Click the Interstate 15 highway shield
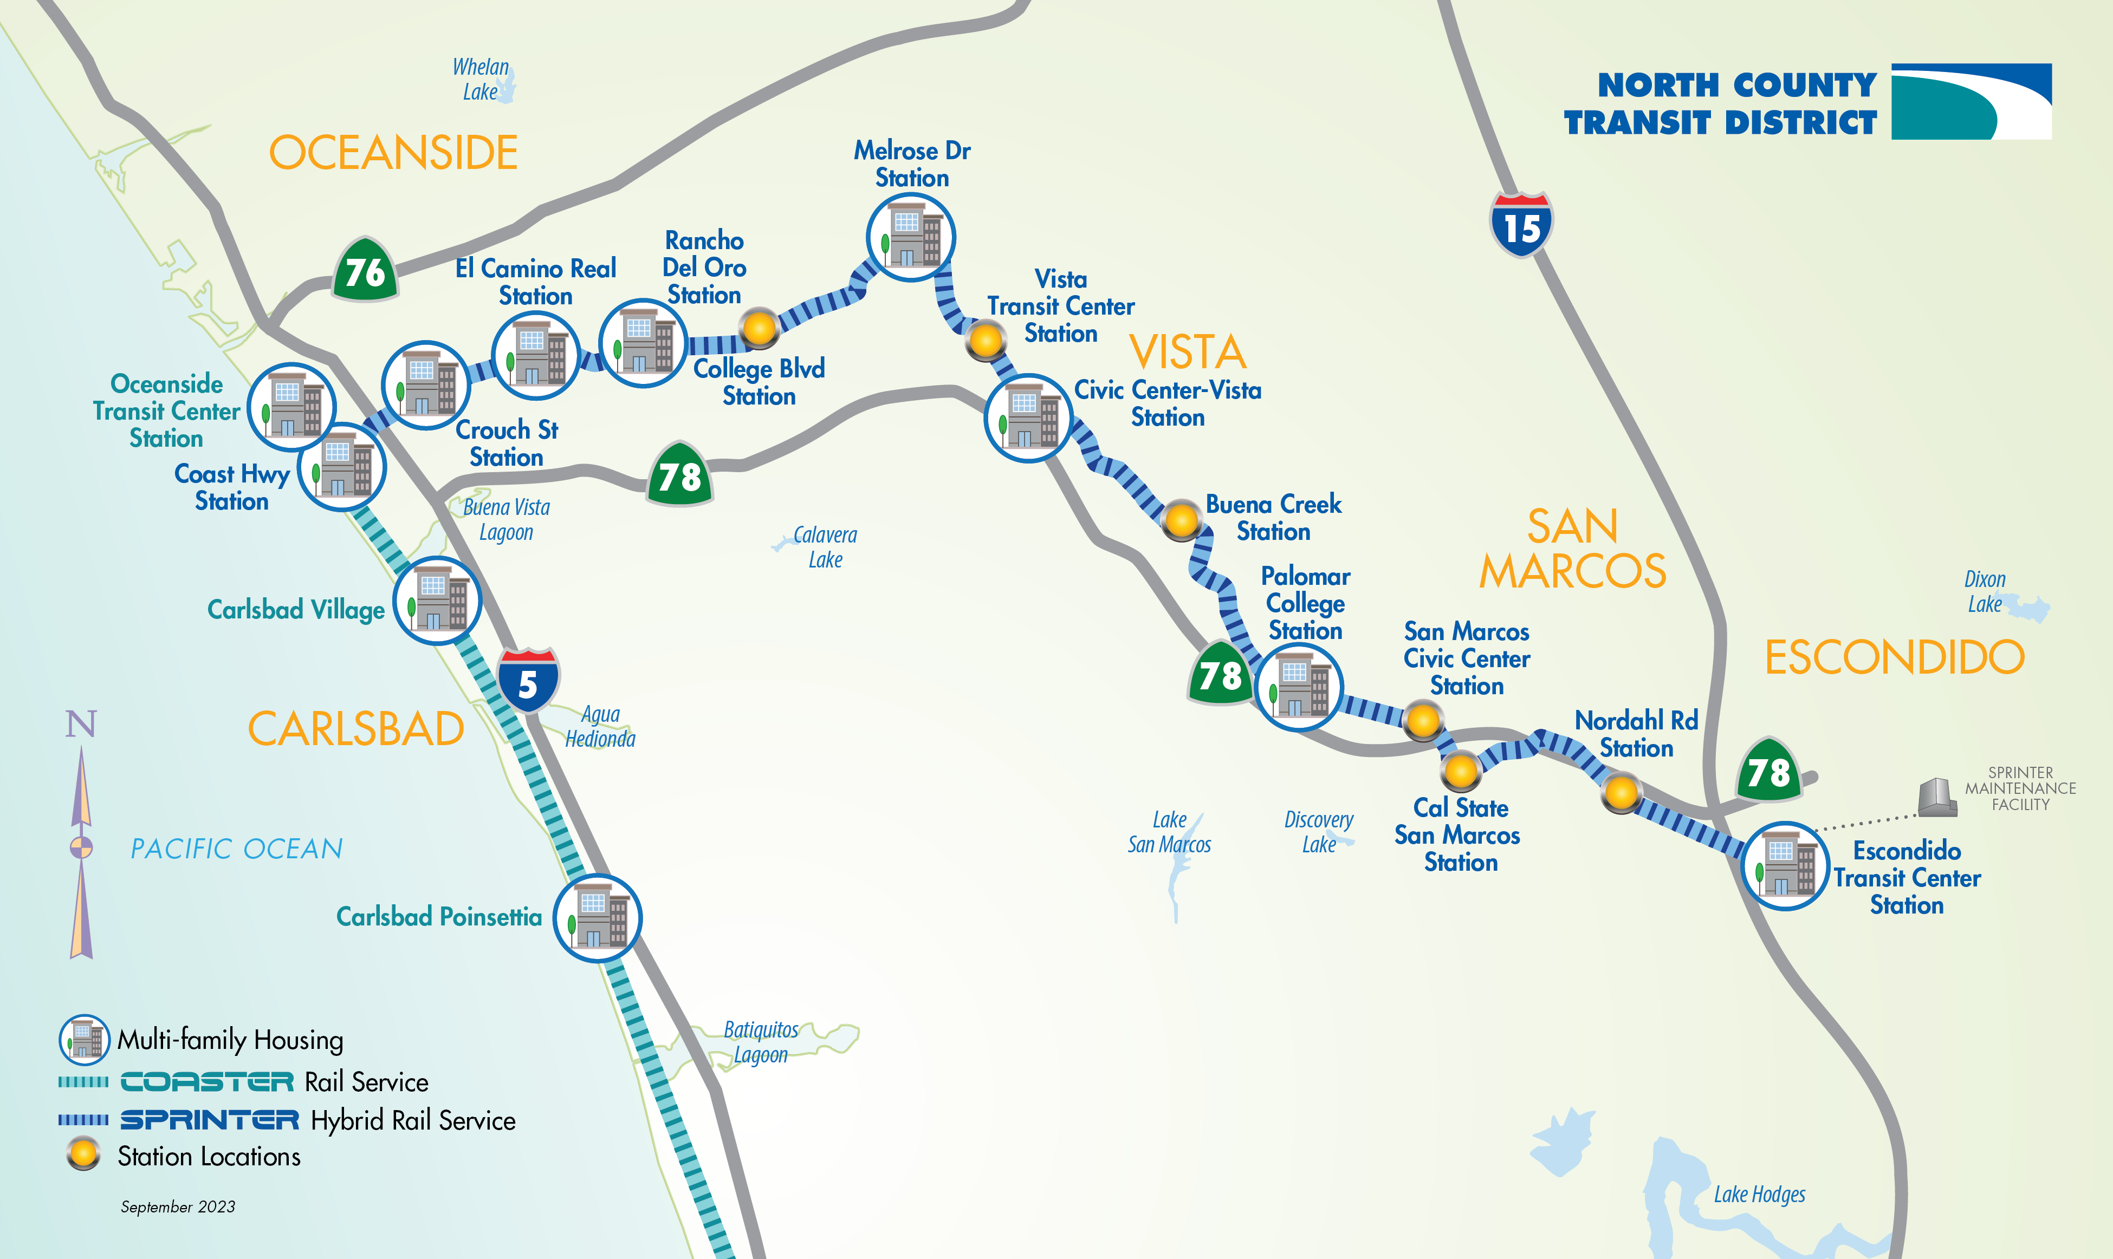(x=1521, y=225)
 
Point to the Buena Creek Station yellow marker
(x=1181, y=519)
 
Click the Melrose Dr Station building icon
(x=911, y=238)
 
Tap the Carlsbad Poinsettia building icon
(x=598, y=918)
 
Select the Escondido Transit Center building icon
(x=1785, y=866)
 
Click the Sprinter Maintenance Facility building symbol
(x=1937, y=798)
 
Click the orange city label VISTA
(x=1187, y=352)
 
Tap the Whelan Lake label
(x=481, y=79)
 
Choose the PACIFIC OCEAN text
(x=237, y=849)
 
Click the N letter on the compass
(x=81, y=723)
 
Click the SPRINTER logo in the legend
(x=210, y=1120)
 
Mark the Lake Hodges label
(x=1759, y=1195)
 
